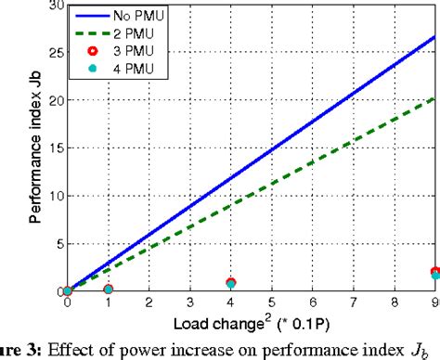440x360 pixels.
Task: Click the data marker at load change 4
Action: (x=230, y=283)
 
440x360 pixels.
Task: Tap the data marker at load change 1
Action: (x=108, y=289)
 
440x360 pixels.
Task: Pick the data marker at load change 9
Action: (x=434, y=273)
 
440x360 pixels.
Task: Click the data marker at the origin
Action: (x=67, y=291)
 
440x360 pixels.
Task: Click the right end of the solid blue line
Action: (x=434, y=37)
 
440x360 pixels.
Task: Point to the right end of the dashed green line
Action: (x=434, y=97)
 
